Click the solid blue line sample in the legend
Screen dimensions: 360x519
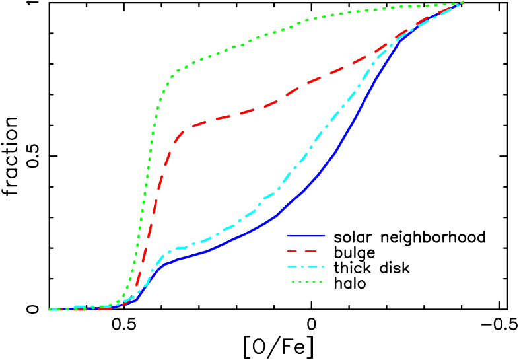coord(306,236)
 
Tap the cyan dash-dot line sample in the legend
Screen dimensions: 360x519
coord(306,267)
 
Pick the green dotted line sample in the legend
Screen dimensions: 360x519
coord(307,282)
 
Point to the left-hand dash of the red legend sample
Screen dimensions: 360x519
coord(293,251)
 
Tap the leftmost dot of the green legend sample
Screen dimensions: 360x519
coord(293,282)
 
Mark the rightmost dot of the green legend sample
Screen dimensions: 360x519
coord(321,282)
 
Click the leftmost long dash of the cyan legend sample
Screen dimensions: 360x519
coord(293,267)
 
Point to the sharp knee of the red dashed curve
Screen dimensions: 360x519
coord(179,135)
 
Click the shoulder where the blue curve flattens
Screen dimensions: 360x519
coord(165,263)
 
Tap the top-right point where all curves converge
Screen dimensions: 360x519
coord(462,3)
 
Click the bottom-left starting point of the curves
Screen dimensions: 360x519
coord(51,309)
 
